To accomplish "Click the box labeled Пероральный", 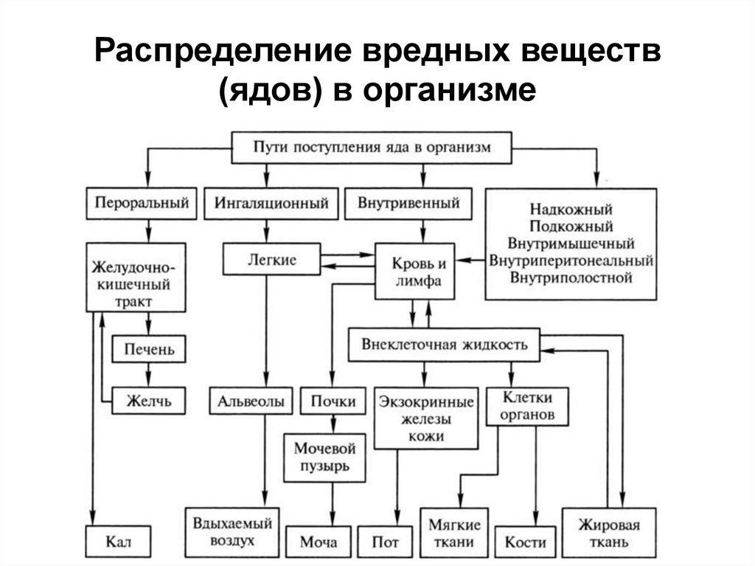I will [x=143, y=203].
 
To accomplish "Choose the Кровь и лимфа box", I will [x=413, y=271].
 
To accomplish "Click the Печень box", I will [x=149, y=347].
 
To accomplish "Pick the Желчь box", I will [x=149, y=401].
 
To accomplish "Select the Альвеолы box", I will [x=251, y=401].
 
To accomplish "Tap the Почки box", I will [x=333, y=401].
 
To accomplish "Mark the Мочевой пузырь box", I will [x=325, y=458].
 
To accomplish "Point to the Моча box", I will [x=319, y=542].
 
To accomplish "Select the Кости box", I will [x=525, y=542].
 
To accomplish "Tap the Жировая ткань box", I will [x=609, y=534].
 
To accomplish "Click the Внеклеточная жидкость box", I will [x=444, y=345].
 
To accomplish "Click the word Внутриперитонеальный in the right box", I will [x=570, y=260].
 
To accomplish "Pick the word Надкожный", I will [x=570, y=210].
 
